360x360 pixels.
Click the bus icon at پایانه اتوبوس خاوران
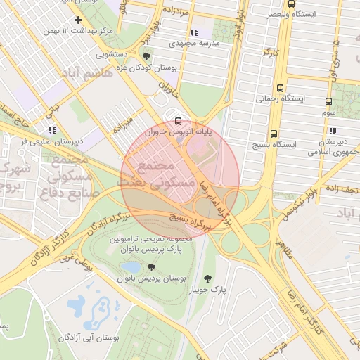(x=176, y=121)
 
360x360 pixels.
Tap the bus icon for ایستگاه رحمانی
(x=281, y=89)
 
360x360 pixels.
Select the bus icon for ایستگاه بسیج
(x=274, y=133)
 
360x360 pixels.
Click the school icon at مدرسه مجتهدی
(x=194, y=32)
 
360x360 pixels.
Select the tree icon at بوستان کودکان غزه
(x=146, y=56)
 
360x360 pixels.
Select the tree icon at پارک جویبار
(x=207, y=278)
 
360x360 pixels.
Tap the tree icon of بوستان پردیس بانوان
(x=151, y=267)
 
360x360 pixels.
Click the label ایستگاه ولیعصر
(x=292, y=13)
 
